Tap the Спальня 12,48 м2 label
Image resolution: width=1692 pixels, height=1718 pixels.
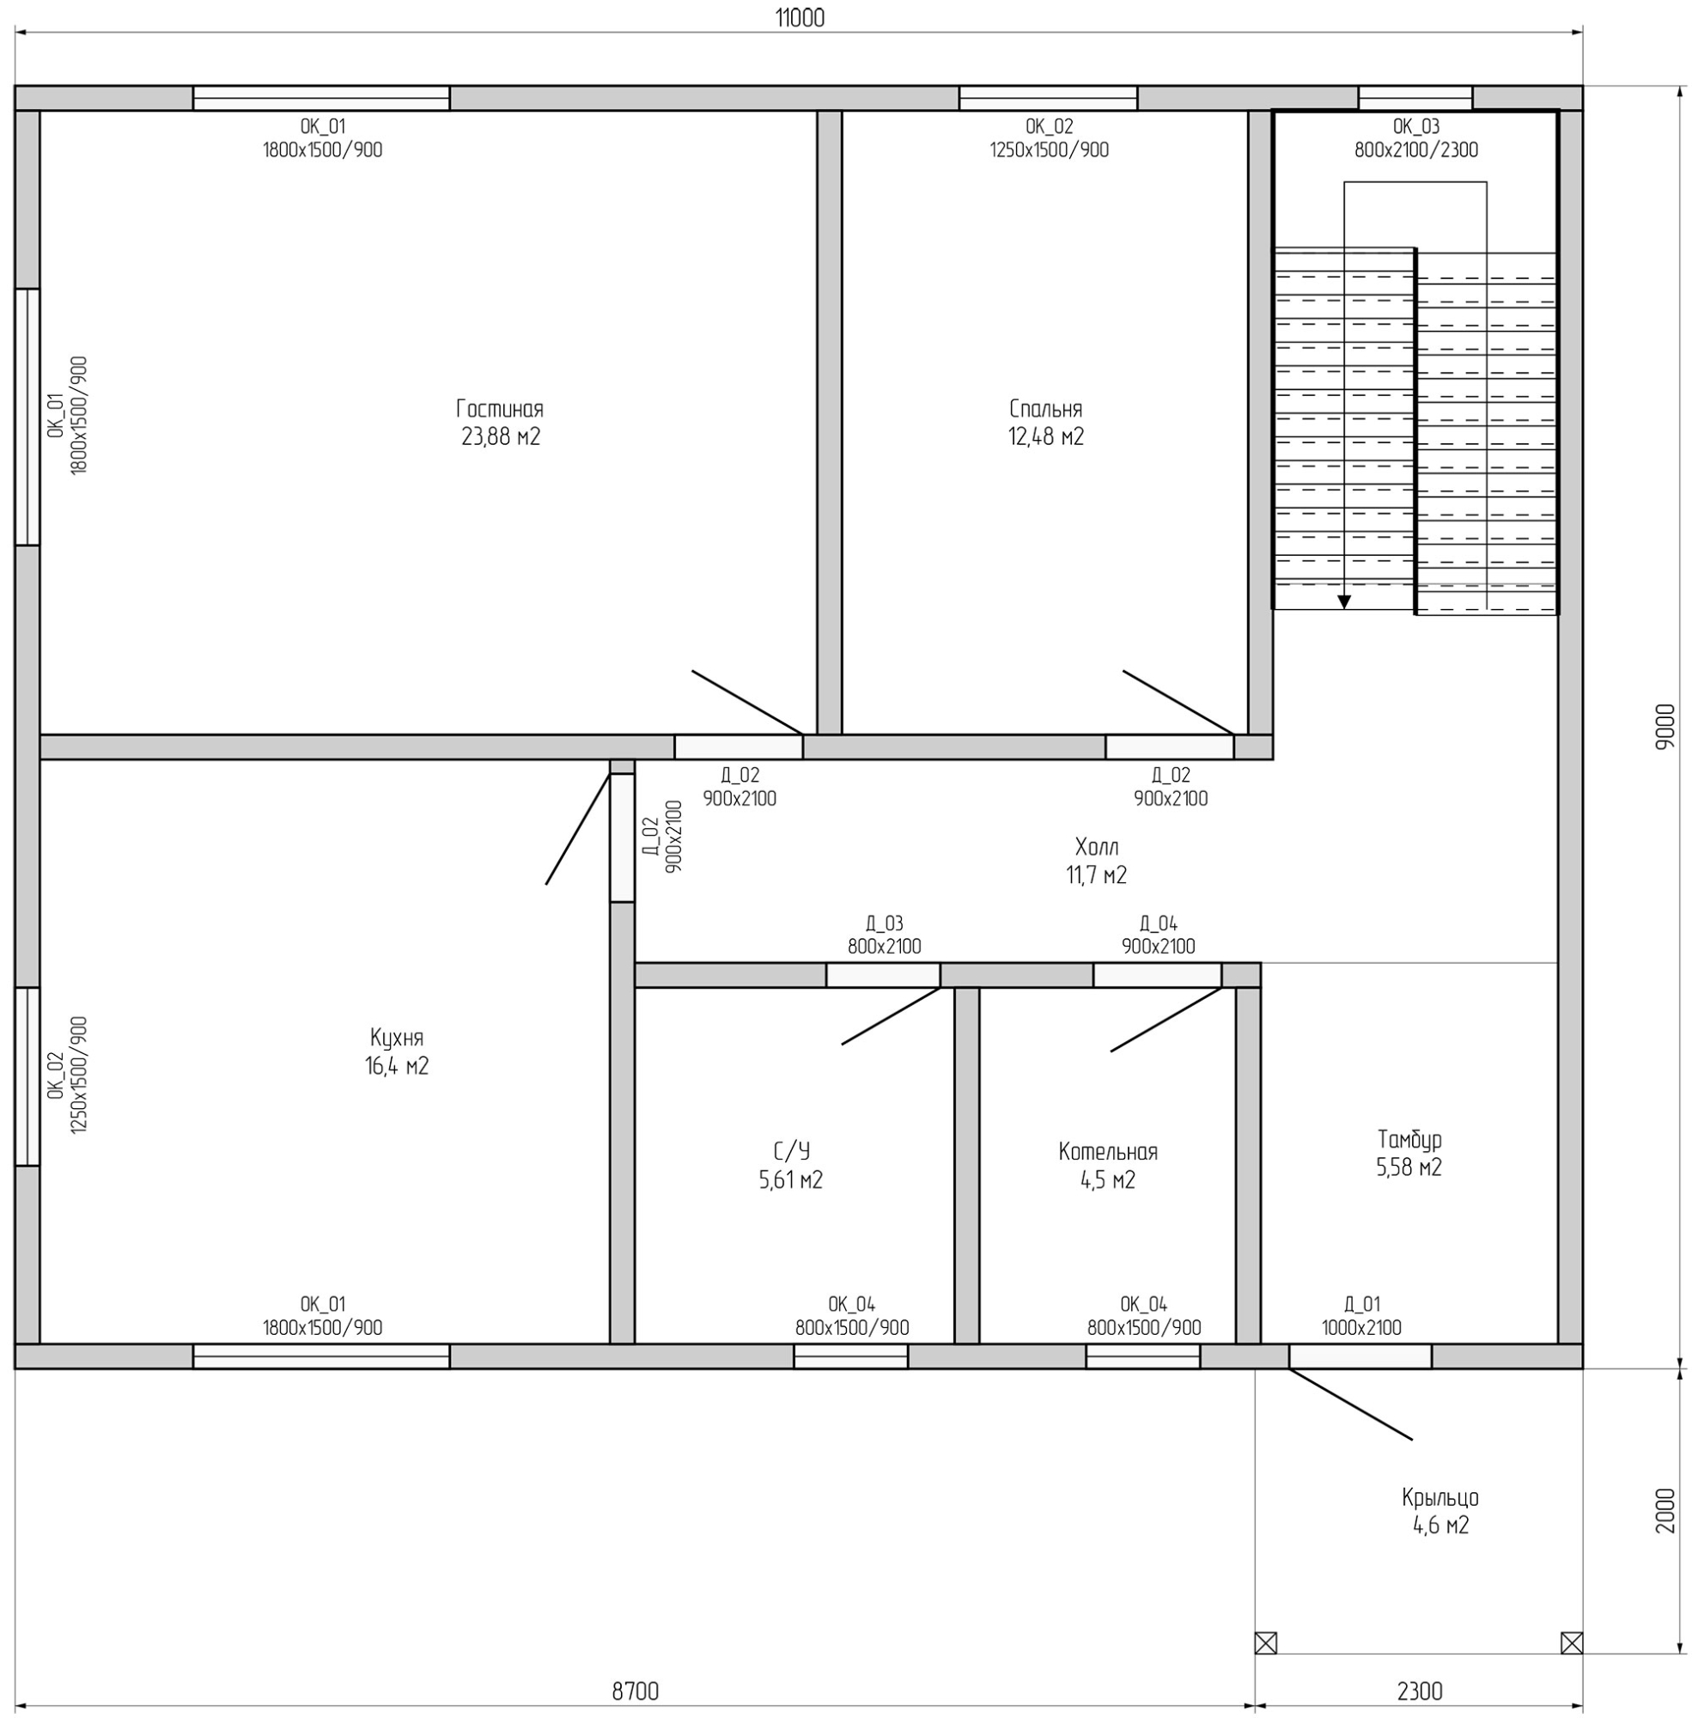point(1046,422)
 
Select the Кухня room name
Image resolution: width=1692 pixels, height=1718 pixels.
point(396,1038)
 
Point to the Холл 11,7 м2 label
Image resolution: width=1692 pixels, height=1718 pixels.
point(1097,861)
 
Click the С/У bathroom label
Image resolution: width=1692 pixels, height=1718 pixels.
point(791,1152)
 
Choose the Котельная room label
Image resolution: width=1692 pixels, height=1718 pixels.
point(1108,1152)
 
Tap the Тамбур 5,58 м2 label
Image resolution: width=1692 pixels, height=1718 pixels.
point(1409,1153)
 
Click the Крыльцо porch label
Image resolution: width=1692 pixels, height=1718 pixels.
point(1440,1497)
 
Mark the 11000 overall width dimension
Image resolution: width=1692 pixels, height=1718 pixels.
point(800,18)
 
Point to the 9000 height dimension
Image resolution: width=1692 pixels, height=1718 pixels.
point(1665,726)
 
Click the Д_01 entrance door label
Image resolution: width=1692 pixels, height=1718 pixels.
point(1361,1304)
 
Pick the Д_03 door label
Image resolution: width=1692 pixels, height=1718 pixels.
point(884,923)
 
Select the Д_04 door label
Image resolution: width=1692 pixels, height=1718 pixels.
point(1158,923)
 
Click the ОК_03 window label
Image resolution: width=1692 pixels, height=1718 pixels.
point(1416,126)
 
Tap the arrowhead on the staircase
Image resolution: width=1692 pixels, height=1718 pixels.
point(1343,601)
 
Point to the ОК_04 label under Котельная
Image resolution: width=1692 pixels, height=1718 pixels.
point(1144,1304)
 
